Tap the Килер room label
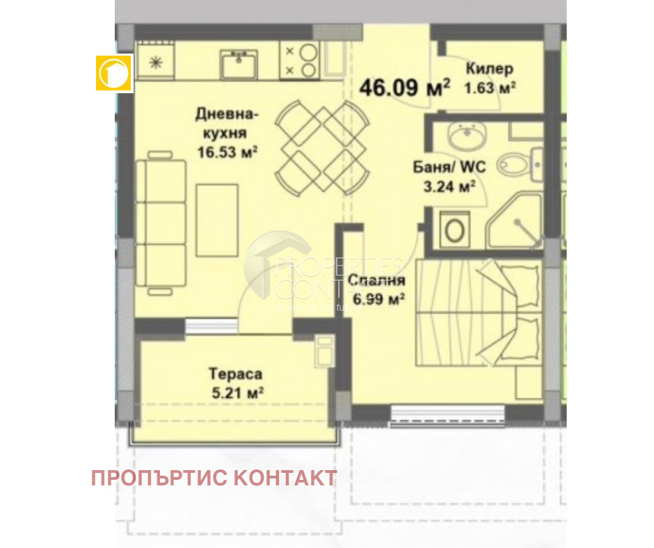[490, 69]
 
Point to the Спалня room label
[376, 281]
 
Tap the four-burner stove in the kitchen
[300, 60]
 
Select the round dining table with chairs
[318, 147]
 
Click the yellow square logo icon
[113, 72]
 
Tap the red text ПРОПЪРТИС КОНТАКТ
[214, 478]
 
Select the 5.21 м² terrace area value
[237, 393]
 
